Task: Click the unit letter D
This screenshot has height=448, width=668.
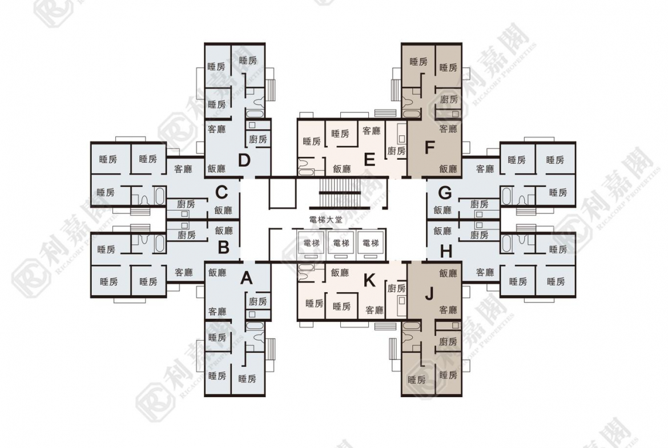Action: [244, 160]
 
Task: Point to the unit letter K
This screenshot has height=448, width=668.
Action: [369, 280]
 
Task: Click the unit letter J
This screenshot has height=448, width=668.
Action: [430, 293]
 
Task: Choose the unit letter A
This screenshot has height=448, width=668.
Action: [246, 278]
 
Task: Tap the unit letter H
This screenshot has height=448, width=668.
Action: [446, 250]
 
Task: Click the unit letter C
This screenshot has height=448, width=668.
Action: [222, 191]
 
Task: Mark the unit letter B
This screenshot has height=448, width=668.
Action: [223, 248]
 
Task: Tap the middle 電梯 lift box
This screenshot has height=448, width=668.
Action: [341, 243]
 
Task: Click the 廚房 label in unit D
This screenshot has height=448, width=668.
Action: [258, 139]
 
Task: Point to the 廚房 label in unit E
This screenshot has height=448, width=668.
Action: [396, 151]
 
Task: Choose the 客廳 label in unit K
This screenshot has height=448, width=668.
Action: [374, 310]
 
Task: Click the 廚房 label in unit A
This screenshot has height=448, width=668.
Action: [258, 301]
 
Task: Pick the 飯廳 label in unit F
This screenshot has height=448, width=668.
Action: [448, 169]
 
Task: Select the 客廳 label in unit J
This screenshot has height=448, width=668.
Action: [448, 310]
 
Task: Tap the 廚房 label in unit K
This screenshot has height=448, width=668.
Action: [396, 289]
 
